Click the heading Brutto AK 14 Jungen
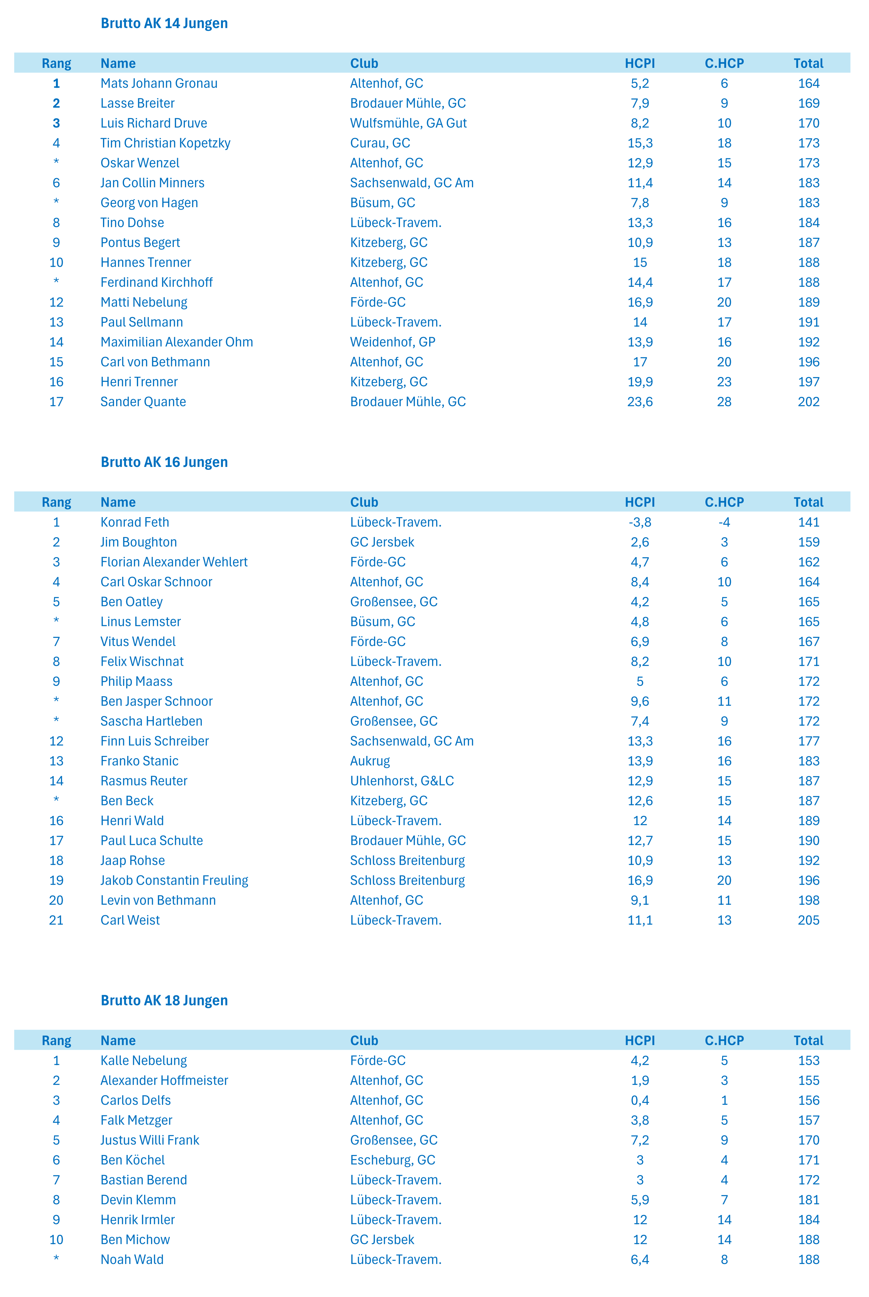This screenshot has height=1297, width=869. (x=164, y=23)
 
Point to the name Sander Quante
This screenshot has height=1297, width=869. (x=143, y=402)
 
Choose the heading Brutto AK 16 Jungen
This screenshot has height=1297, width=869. (x=164, y=462)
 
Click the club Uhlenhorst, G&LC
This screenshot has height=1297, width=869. (x=402, y=781)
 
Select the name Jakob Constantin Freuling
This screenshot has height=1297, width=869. (x=174, y=881)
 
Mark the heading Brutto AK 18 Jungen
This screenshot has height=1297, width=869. (x=164, y=1001)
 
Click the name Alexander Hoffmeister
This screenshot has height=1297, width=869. (x=164, y=1081)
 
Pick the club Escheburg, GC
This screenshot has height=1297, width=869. (x=392, y=1161)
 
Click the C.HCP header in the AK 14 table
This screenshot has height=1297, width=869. (x=724, y=63)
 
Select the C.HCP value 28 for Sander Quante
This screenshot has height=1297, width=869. (x=724, y=402)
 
